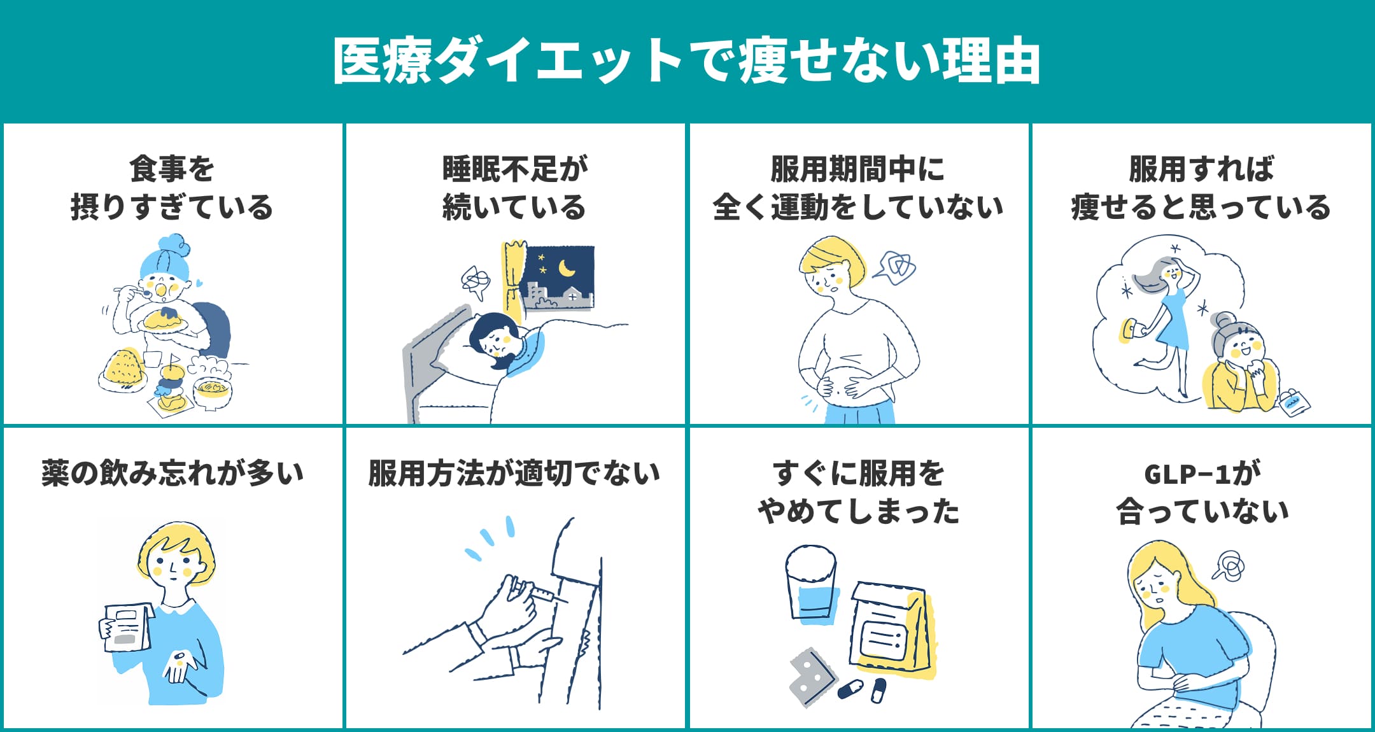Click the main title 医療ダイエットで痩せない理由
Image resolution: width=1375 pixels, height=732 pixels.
click(686, 61)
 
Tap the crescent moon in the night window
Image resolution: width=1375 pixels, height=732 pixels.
click(566, 269)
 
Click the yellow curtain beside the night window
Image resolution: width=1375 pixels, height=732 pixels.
click(513, 280)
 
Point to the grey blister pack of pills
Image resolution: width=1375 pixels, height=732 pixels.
click(811, 677)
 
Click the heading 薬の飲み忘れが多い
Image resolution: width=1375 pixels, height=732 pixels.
click(172, 473)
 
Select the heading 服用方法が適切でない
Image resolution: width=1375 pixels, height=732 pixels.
click(514, 473)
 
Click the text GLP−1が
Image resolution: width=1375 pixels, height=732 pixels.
click(1202, 473)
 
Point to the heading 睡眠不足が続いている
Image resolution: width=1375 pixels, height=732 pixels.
click(514, 188)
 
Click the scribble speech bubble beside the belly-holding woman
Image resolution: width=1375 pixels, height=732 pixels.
click(896, 267)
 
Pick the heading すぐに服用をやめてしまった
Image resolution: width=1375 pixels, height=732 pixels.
click(858, 492)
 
